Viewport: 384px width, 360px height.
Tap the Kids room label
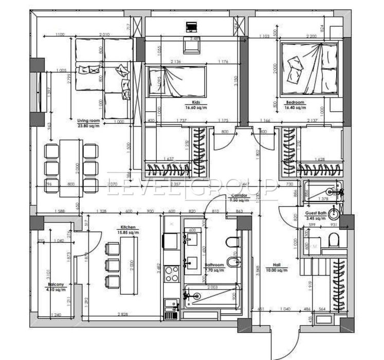click(x=192, y=103)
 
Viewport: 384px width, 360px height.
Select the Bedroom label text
click(x=297, y=103)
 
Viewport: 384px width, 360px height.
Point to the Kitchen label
click(x=128, y=227)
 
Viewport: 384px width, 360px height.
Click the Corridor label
click(x=240, y=196)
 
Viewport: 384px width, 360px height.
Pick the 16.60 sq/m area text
click(x=196, y=108)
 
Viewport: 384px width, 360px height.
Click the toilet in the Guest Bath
click(x=333, y=240)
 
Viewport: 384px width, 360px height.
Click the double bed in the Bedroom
click(x=308, y=68)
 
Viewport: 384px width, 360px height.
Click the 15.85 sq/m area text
click(x=128, y=232)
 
